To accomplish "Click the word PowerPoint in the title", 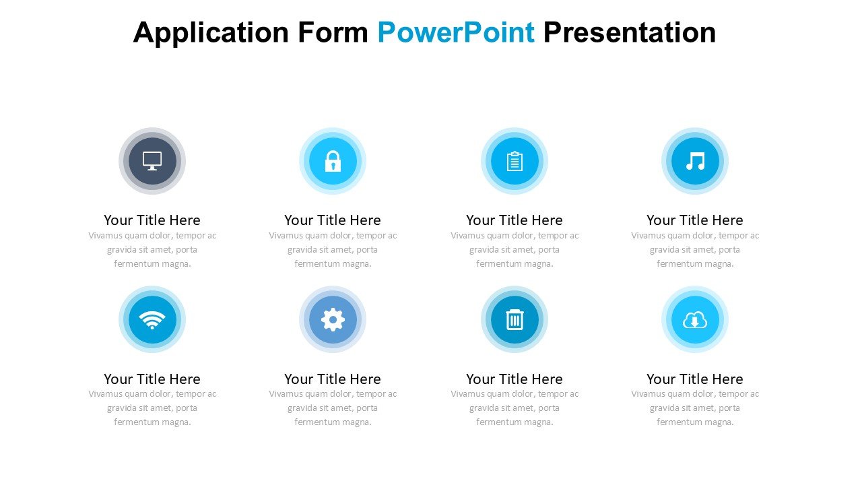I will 456,32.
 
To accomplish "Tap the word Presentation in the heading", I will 629,32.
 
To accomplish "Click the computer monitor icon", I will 152,161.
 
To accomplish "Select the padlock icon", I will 333,161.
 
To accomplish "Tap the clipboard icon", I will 515,161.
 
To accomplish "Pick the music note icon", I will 695,161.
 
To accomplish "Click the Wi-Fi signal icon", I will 152,320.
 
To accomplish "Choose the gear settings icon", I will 333,320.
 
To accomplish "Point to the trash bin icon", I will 515,320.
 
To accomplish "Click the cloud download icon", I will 695,320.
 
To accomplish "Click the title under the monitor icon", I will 152,220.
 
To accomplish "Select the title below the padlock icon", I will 333,220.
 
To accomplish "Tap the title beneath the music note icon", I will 695,220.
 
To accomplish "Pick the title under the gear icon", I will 333,379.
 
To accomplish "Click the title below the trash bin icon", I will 515,379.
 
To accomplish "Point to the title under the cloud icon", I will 695,379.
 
